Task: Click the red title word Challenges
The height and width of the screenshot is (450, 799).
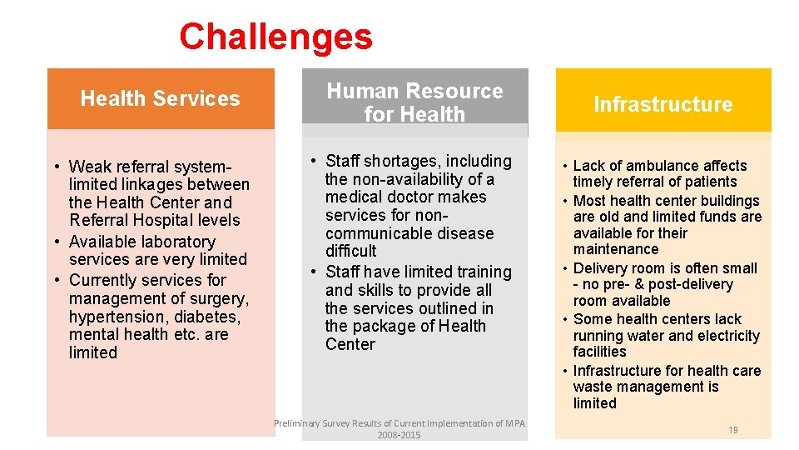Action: tap(275, 37)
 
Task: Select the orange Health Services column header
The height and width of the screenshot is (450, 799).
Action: tap(160, 98)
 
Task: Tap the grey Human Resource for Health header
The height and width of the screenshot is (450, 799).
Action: tap(414, 102)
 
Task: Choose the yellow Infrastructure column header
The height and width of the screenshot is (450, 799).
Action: tap(663, 104)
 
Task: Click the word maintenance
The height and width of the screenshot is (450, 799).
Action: tap(615, 249)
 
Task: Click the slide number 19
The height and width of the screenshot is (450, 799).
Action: tap(732, 430)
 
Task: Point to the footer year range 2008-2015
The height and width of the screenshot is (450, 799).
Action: tap(399, 435)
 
